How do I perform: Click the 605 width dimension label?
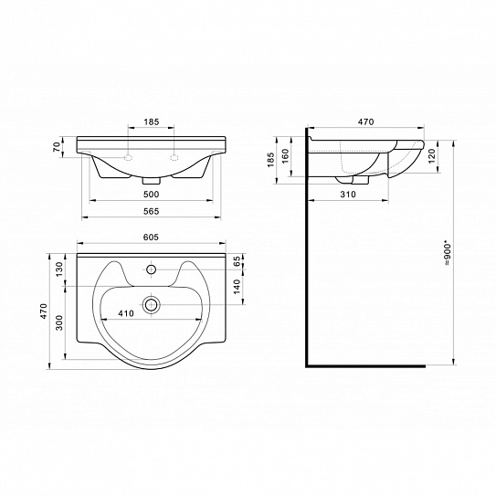(151, 237)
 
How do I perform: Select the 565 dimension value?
(152, 211)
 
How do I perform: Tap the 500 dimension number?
(152, 195)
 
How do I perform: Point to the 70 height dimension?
(57, 147)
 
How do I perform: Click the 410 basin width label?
(126, 313)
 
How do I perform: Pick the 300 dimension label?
(59, 322)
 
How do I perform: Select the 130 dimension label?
(59, 269)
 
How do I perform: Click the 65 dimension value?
(237, 261)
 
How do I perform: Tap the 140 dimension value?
(237, 287)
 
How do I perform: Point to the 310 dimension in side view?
(348, 195)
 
